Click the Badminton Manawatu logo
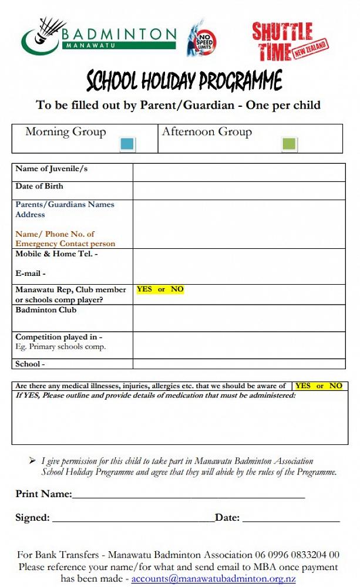(98, 36)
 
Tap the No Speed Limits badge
(202, 38)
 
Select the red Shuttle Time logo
(290, 41)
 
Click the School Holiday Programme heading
(184, 80)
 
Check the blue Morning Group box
(127, 144)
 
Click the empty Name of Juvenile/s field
(238, 173)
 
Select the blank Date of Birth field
(238, 190)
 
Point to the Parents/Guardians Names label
(65, 205)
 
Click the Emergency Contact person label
(65, 244)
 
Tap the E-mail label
(31, 274)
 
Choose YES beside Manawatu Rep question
(144, 289)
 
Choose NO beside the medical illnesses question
(335, 386)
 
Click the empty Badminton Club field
(238, 318)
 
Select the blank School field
(238, 364)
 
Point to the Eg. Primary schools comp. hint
(60, 347)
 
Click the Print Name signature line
(188, 497)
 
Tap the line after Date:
(291, 520)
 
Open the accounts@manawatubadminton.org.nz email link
(213, 579)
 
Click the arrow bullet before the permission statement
(32, 461)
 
